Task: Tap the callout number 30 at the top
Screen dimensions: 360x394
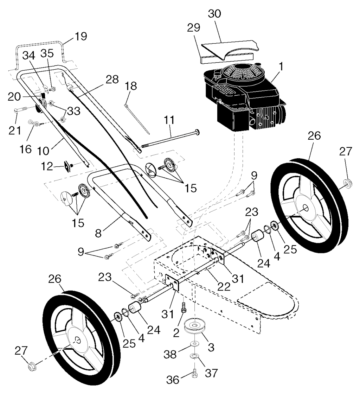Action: pos(215,14)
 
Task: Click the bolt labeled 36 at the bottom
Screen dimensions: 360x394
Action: pos(194,374)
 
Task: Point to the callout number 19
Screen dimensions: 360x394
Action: pos(81,36)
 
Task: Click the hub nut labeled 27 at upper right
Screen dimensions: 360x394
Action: pos(348,183)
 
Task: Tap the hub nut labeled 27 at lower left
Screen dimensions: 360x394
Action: pos(32,367)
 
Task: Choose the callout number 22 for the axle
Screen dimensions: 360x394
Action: pos(224,286)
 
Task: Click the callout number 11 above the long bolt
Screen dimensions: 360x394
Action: pos(169,120)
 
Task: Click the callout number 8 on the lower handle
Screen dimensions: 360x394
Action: pos(98,233)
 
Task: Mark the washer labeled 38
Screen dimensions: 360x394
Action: pos(194,343)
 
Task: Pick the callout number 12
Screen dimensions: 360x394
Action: pos(47,166)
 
